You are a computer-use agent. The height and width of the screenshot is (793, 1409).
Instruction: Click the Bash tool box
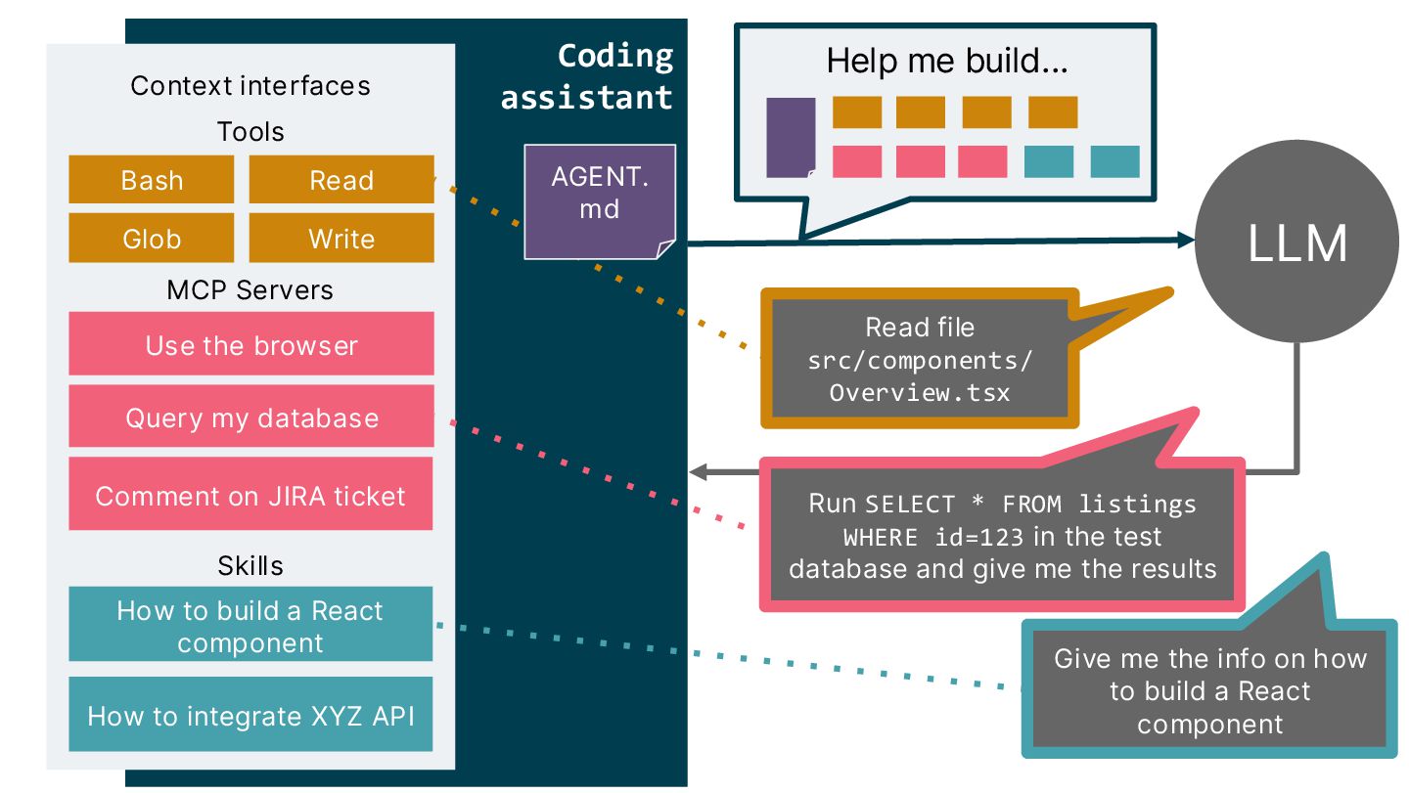coord(151,180)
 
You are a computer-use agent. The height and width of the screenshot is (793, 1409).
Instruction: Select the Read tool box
coord(341,180)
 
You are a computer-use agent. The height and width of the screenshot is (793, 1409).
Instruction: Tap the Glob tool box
coord(151,239)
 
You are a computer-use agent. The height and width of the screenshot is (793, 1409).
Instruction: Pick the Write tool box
coord(341,239)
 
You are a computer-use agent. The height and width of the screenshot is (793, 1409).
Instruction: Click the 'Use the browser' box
coord(250,344)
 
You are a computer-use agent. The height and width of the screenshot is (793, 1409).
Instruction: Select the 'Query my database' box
coord(250,418)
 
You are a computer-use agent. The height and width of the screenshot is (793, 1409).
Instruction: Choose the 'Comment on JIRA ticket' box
coord(250,495)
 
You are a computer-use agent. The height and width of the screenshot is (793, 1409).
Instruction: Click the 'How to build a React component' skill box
coord(250,626)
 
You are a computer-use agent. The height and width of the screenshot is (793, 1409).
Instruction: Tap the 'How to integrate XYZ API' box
coord(250,715)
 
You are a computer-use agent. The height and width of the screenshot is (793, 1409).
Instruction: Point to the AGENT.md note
coord(599,200)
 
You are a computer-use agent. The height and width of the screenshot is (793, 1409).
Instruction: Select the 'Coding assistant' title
coord(587,76)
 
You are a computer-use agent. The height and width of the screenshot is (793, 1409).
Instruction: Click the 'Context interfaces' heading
coord(250,85)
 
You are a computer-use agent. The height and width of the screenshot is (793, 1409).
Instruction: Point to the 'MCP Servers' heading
coord(250,290)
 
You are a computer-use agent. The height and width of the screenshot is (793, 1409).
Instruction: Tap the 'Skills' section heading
coord(250,565)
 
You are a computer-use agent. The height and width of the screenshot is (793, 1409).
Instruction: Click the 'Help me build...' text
coord(946,61)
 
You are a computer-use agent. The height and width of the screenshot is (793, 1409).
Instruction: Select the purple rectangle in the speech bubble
coord(791,137)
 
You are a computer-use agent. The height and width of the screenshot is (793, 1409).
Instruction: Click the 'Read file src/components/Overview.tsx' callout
coord(920,360)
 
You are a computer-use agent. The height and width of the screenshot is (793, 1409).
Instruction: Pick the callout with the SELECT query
coord(1002,536)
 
